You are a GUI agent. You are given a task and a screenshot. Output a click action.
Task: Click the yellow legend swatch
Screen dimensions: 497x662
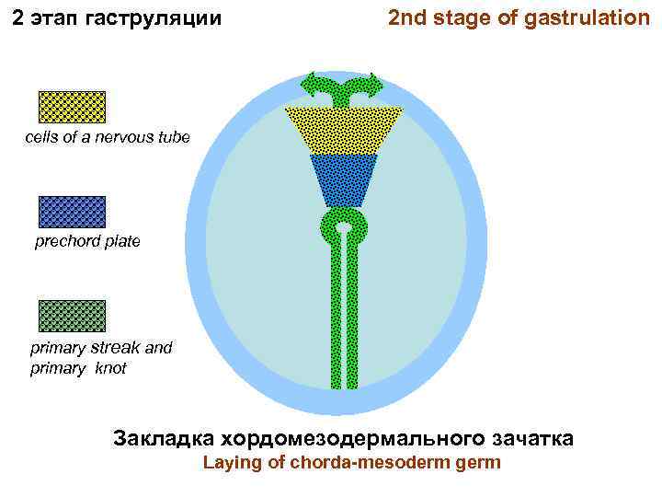(x=72, y=107)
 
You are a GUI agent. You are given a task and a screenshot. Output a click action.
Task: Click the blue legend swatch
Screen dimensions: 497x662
(x=72, y=212)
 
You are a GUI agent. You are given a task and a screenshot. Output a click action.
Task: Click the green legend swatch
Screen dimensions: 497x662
(x=72, y=316)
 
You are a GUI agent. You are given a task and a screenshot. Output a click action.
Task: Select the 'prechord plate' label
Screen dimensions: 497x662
(x=87, y=242)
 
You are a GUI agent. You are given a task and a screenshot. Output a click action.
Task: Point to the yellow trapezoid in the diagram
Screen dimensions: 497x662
(x=343, y=130)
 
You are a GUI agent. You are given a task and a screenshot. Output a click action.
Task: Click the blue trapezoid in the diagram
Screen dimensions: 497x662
(x=343, y=179)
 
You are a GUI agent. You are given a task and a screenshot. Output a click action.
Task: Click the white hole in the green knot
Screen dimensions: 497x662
(x=343, y=226)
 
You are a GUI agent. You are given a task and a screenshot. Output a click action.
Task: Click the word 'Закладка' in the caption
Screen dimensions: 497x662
(x=157, y=437)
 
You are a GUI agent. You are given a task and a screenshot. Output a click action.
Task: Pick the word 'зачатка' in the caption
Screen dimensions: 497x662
(x=532, y=437)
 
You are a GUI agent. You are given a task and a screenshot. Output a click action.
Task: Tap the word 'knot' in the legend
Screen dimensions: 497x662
(x=108, y=368)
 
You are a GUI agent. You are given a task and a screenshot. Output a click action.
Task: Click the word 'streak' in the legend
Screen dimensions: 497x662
(x=115, y=348)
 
